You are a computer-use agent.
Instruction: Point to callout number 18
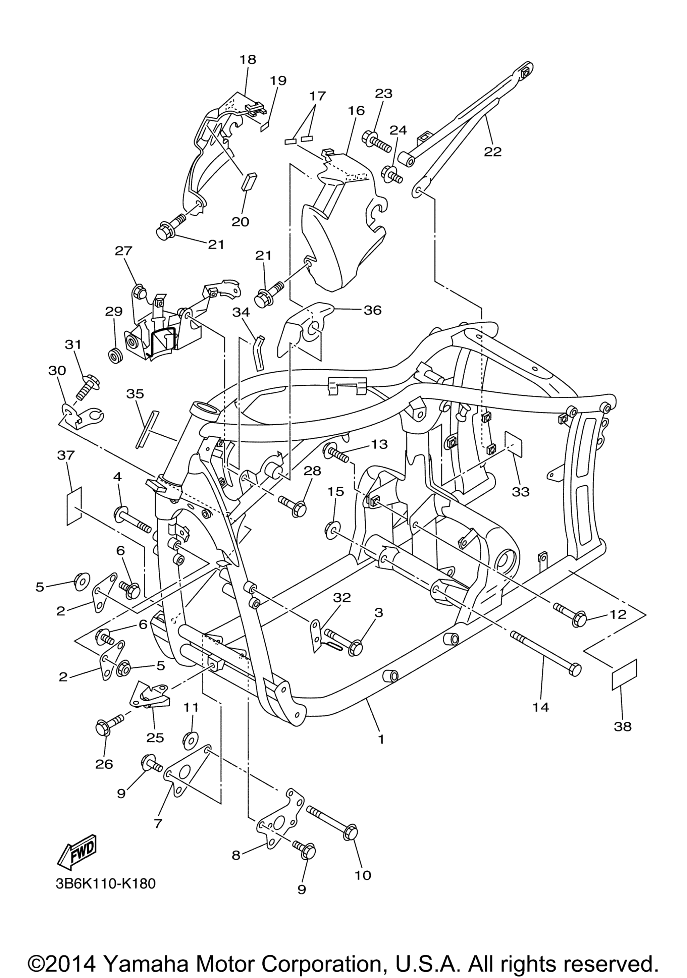tap(248, 59)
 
